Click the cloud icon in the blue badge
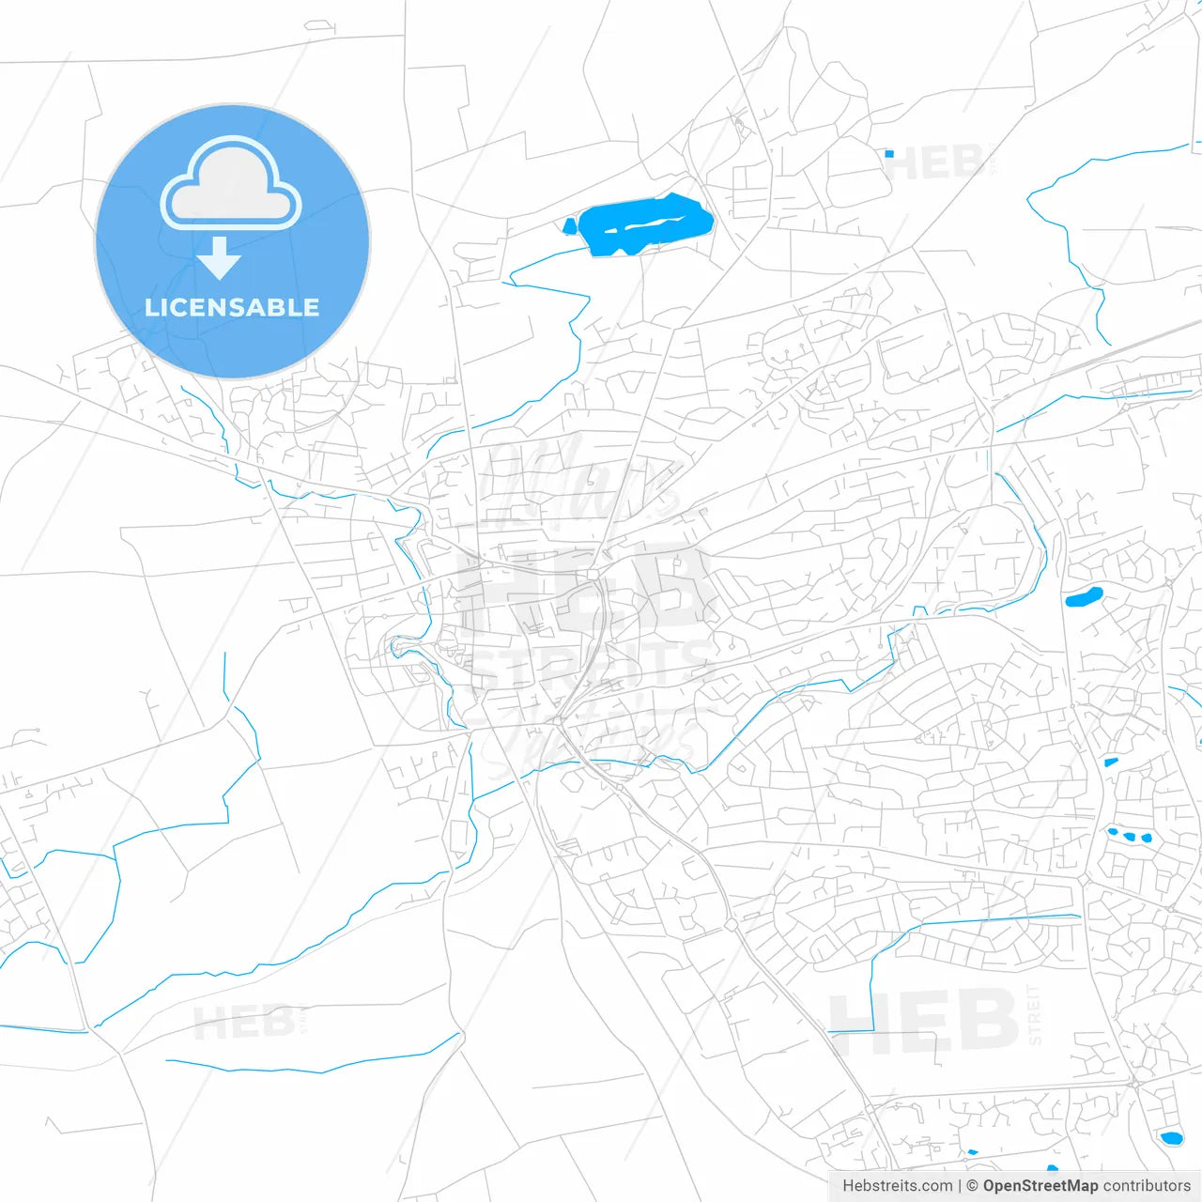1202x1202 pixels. pos(231,184)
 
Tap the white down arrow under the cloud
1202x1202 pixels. pos(220,257)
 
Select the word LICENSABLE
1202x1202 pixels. pos(232,307)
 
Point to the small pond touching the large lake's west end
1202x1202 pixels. pos(569,225)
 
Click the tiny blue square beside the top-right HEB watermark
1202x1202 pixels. pos(888,153)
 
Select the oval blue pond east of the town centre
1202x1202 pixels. pos(1084,596)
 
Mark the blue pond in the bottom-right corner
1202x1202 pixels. pos(1170,1138)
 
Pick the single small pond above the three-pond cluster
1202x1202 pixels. pos(1111,762)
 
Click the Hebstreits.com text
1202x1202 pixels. pos(897,1186)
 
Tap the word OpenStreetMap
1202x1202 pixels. pos(1040,1186)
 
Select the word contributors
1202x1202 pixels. pos(1147,1186)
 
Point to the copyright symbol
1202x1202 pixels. pos(973,1186)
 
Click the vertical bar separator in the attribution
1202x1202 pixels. pos(960,1186)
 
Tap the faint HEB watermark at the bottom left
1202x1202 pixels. pos(243,1023)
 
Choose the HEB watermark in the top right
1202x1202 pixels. pos(933,164)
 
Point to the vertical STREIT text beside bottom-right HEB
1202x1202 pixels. pos(1034,1014)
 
